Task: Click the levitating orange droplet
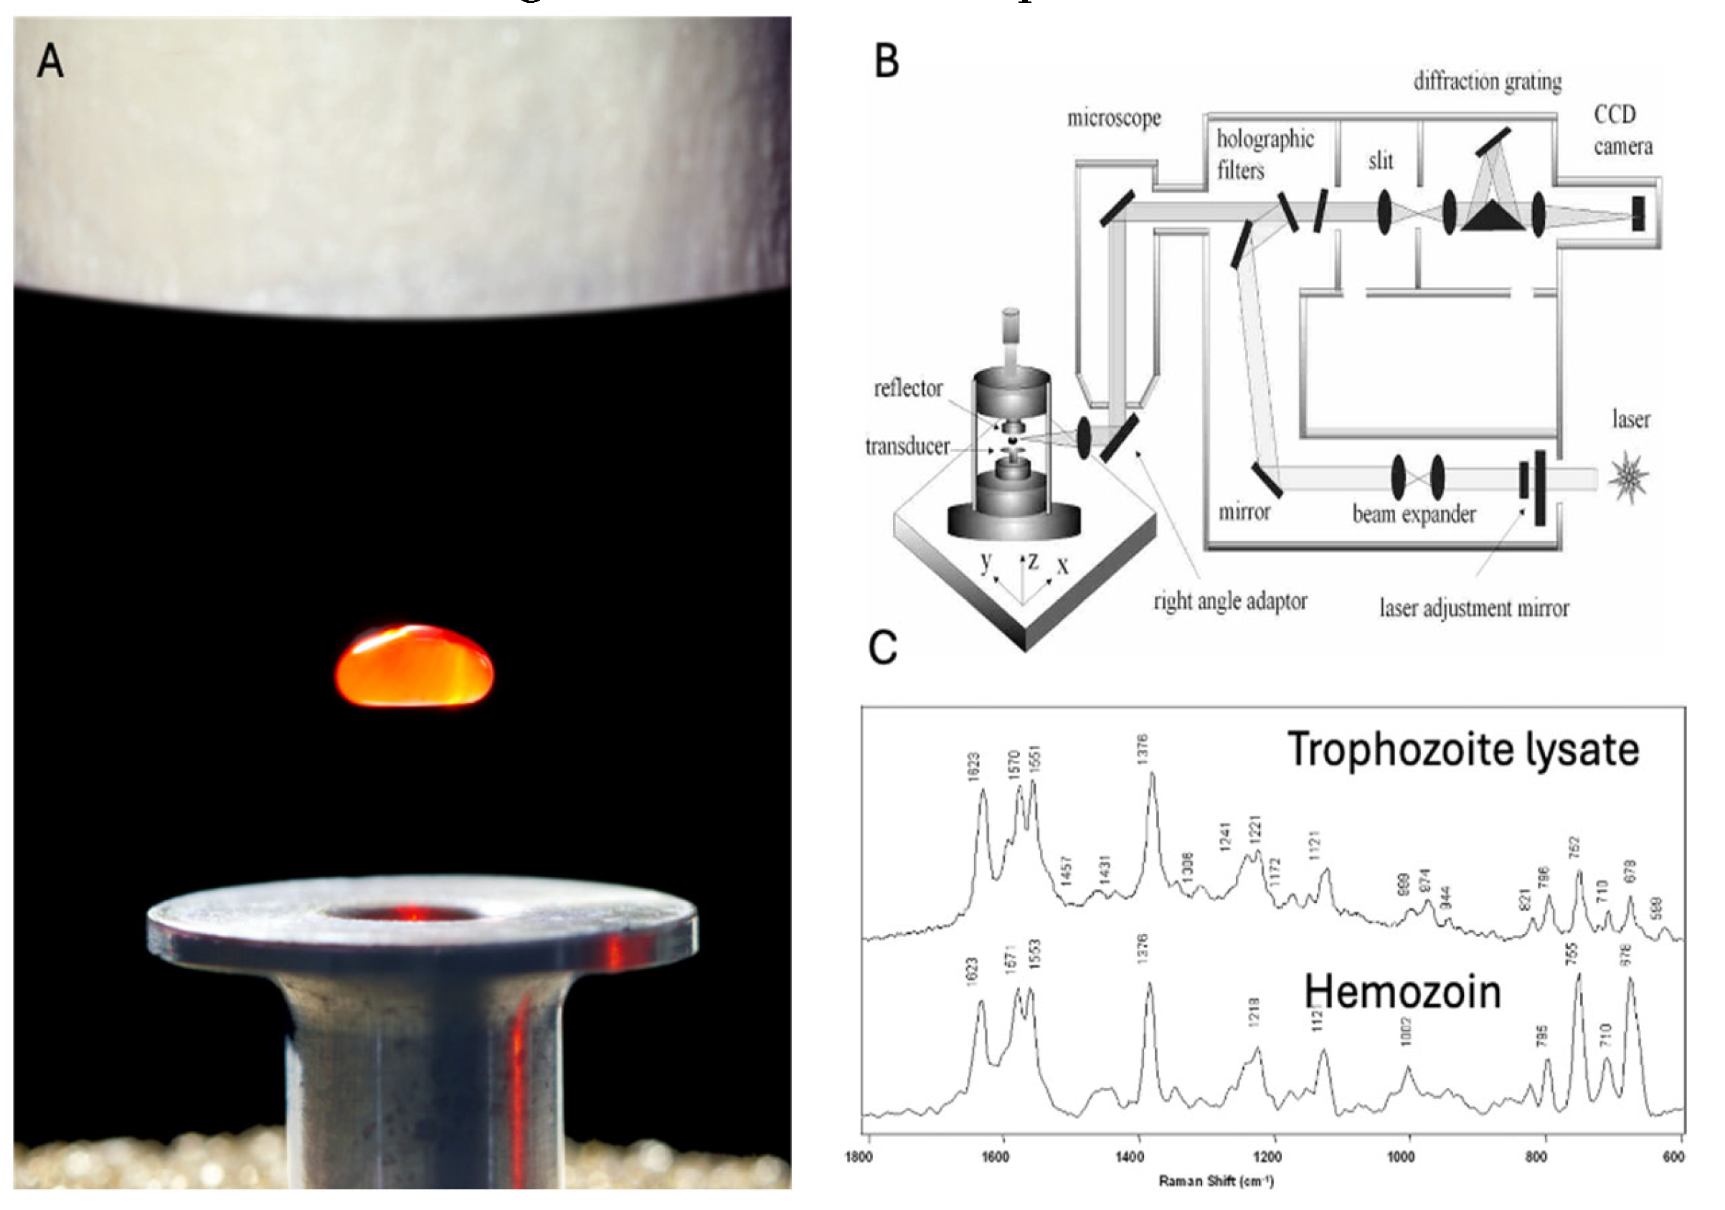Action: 414,667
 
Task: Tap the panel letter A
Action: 50,62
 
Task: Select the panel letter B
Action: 887,62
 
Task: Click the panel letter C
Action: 883,648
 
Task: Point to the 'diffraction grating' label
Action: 1487,81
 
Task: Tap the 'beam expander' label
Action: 1414,515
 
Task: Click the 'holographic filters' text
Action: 1264,155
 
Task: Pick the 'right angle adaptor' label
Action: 1230,602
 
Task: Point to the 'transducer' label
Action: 907,447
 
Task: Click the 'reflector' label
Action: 907,389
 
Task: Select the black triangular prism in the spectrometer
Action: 1492,217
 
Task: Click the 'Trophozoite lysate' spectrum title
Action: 1462,750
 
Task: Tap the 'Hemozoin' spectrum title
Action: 1402,992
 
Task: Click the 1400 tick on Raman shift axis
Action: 1129,1157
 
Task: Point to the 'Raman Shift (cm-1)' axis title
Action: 1216,1181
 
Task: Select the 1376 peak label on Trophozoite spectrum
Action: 1143,750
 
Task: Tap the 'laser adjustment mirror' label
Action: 1473,608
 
